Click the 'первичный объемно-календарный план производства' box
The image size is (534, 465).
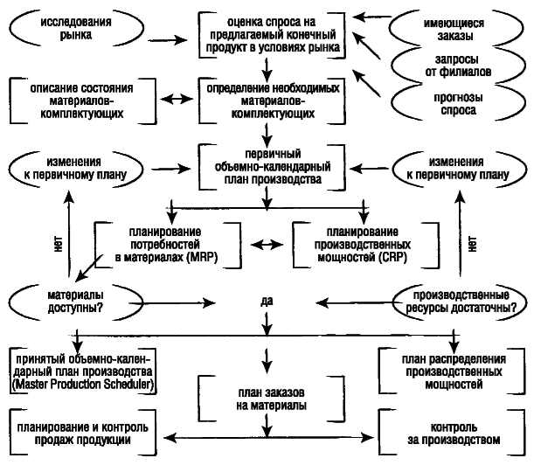click(267, 163)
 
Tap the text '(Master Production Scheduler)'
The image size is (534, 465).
click(80, 385)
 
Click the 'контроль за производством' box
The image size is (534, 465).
click(454, 433)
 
